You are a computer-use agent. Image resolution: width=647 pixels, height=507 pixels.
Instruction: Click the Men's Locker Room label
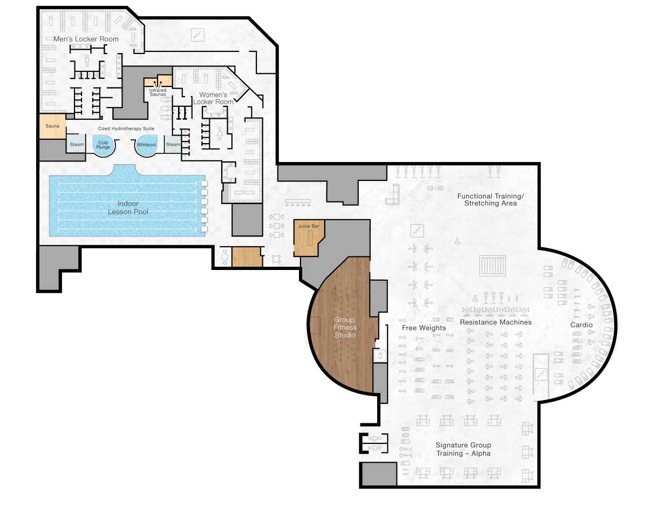pyautogui.click(x=86, y=39)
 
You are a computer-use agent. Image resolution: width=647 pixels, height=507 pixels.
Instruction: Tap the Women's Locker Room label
pyautogui.click(x=214, y=98)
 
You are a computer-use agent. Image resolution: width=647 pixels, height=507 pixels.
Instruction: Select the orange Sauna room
pyautogui.click(x=52, y=126)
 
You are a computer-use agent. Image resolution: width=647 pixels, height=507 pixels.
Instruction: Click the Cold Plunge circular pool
pyautogui.click(x=103, y=145)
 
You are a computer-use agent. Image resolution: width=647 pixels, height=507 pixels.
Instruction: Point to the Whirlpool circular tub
pyautogui.click(x=146, y=145)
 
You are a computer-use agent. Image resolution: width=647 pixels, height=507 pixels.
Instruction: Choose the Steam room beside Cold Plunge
pyautogui.click(x=77, y=144)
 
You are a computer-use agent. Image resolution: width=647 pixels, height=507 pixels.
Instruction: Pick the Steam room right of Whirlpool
pyautogui.click(x=173, y=144)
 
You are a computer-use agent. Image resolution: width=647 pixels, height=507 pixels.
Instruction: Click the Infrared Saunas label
pyautogui.click(x=158, y=92)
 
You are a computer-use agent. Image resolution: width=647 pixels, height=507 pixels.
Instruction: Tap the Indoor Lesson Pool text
pyautogui.click(x=128, y=208)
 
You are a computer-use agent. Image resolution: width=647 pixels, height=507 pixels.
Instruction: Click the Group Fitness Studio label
pyautogui.click(x=345, y=327)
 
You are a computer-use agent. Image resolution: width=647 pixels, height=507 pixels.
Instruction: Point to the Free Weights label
pyautogui.click(x=424, y=328)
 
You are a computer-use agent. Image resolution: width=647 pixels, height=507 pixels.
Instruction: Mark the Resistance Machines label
pyautogui.click(x=495, y=322)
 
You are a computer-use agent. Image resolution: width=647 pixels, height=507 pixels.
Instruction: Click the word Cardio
pyautogui.click(x=581, y=325)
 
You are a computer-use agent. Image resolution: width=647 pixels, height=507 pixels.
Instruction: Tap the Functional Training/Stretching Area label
pyautogui.click(x=490, y=200)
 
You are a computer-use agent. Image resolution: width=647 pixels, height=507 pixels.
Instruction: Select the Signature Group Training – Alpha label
pyautogui.click(x=463, y=449)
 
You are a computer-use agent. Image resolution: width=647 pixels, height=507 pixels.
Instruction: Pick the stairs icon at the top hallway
pyautogui.click(x=198, y=35)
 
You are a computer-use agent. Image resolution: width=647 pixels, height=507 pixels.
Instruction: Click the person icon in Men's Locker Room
pyautogui.click(x=87, y=59)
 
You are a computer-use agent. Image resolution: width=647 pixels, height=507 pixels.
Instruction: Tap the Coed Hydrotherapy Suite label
pyautogui.click(x=126, y=129)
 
